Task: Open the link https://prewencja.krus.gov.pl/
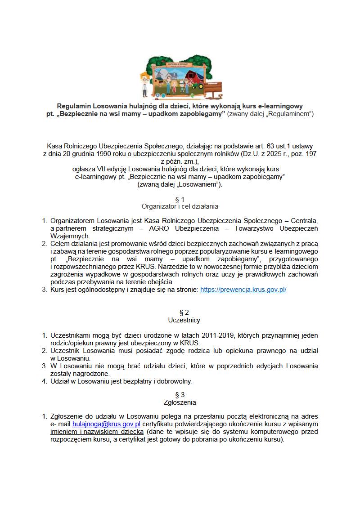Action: click(243, 290)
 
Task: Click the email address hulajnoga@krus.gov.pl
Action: click(106, 424)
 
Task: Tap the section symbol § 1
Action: click(180, 199)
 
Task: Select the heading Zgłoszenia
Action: click(180, 402)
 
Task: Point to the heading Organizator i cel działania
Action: click(180, 206)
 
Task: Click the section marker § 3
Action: click(180, 394)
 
